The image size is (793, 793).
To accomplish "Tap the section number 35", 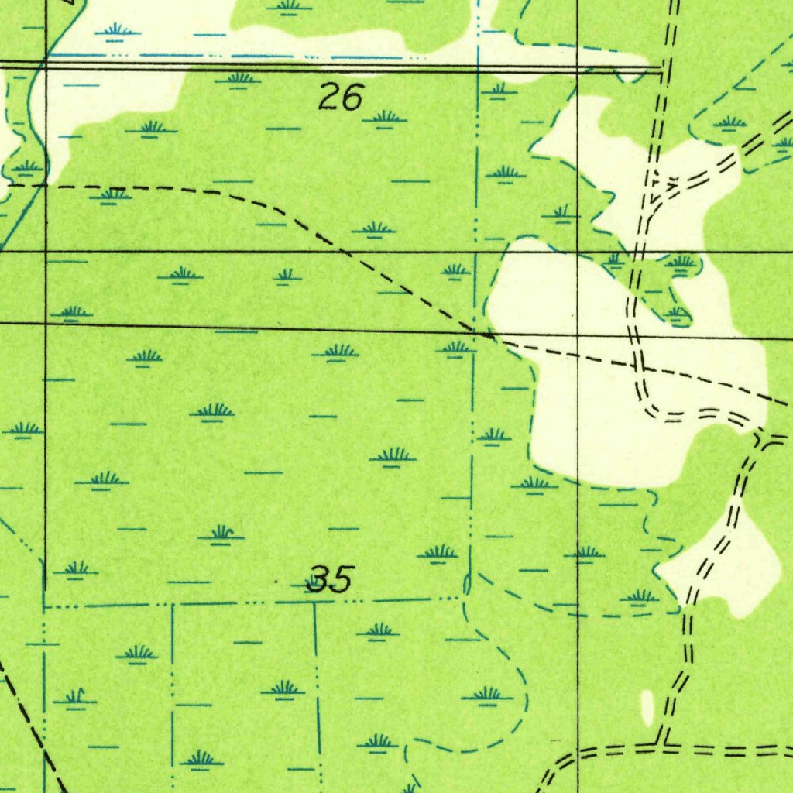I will click(331, 579).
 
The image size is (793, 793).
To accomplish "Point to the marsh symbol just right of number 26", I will click(385, 118).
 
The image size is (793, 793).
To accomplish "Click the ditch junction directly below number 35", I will click(314, 602).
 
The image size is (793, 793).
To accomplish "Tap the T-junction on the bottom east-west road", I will click(662, 747).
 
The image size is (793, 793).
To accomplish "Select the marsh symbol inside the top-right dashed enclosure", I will click(729, 122).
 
